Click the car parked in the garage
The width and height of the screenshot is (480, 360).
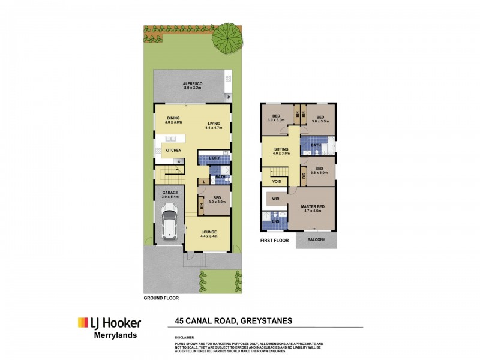coord(170,223)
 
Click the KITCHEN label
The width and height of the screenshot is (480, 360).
coord(173,150)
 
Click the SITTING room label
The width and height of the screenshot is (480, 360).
coord(281,149)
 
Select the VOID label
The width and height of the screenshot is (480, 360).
coord(277,181)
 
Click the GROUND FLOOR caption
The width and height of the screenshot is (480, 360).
coord(161,298)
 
